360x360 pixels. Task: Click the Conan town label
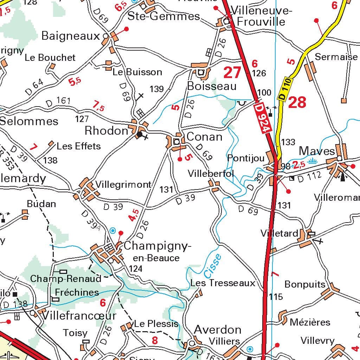[204, 136]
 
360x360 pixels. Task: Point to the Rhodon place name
[107, 131]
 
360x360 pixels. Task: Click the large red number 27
[232, 73]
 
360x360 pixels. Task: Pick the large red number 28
[297, 103]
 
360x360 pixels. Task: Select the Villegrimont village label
[123, 185]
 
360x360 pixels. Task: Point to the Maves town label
[316, 151]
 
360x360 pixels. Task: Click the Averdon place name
[218, 330]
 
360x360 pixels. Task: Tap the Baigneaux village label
[71, 36]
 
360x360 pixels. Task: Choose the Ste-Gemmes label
[163, 16]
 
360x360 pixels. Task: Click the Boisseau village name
[212, 86]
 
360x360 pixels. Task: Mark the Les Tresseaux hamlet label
[223, 283]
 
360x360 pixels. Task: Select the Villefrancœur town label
[79, 315]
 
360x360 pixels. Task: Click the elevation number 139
[156, 89]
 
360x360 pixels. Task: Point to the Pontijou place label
[245, 158]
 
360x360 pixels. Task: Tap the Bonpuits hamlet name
[305, 284]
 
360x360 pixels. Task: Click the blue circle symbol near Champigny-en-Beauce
[112, 231]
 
